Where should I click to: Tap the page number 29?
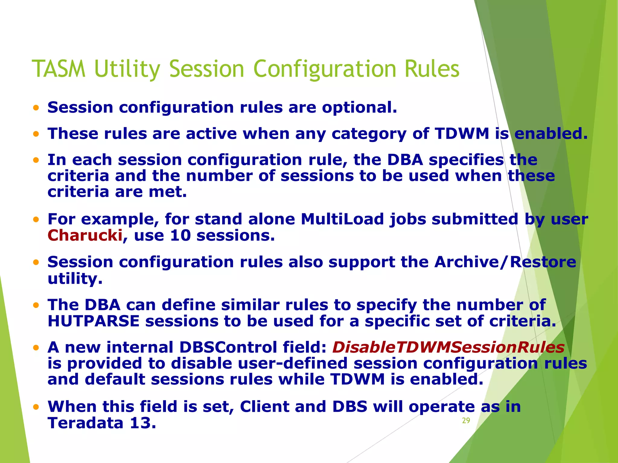tap(466, 420)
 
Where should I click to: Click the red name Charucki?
tap(85, 235)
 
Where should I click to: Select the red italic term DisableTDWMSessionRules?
tap(448, 347)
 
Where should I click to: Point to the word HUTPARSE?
tap(94, 321)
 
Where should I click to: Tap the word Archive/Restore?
tap(505, 262)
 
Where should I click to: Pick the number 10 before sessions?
tap(180, 235)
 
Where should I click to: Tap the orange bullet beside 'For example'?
tap(36, 219)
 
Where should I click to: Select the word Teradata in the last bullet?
tap(85, 423)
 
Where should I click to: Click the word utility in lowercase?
tap(75, 279)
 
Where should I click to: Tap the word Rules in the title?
tap(432, 69)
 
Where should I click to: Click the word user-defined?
tap(292, 363)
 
